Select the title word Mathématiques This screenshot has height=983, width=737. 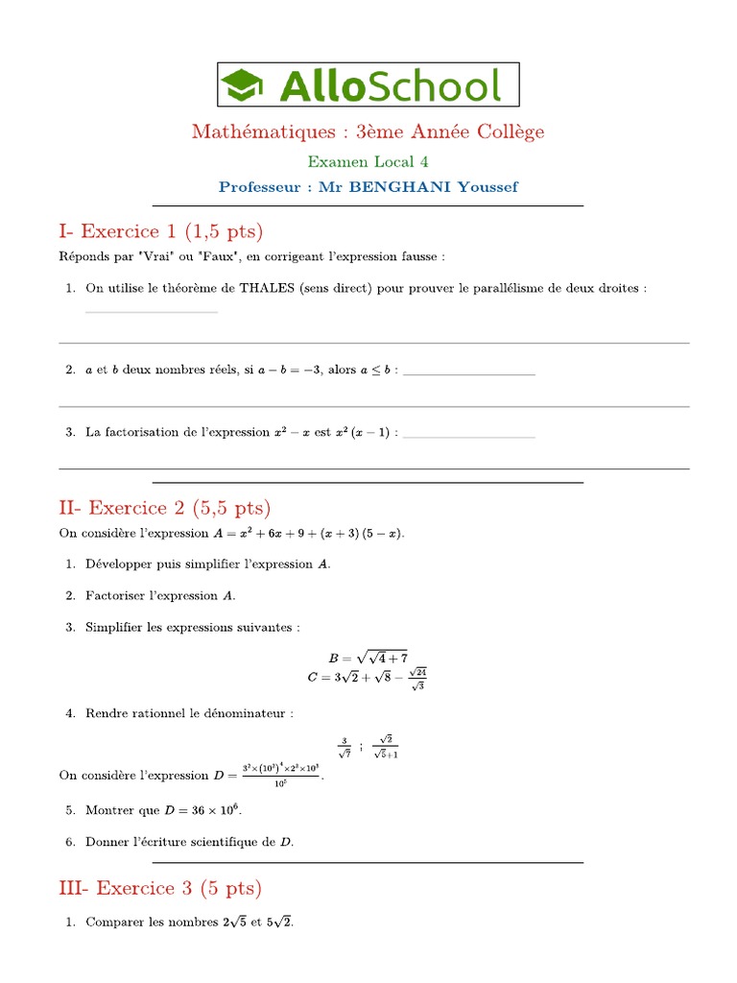(254, 132)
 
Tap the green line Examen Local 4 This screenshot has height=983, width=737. (368, 162)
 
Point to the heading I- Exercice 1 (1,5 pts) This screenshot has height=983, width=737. (160, 230)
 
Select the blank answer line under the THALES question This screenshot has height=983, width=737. (152, 312)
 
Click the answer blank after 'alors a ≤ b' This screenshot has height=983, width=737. (468, 373)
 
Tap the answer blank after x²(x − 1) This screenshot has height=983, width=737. (468, 437)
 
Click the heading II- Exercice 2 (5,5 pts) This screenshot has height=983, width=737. (165, 507)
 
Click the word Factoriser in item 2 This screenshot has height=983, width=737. (118, 596)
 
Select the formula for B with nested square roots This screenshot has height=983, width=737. (368, 658)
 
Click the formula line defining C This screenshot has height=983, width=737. (368, 678)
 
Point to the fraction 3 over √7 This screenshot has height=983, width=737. (344, 745)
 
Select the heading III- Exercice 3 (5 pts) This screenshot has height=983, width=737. (160, 888)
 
